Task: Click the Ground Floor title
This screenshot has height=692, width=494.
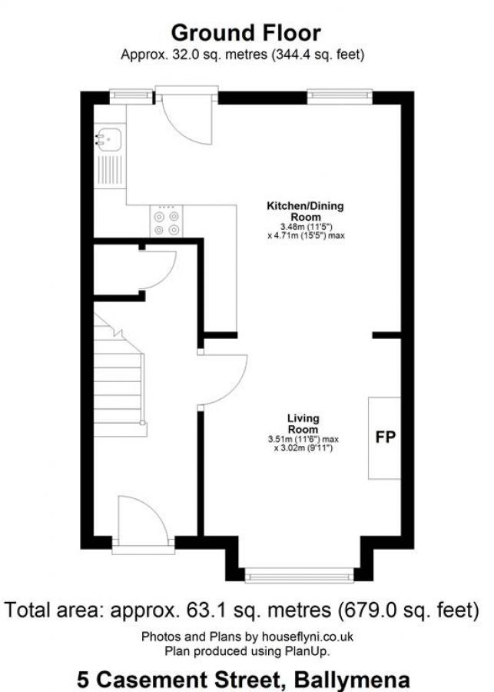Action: pyautogui.click(x=246, y=33)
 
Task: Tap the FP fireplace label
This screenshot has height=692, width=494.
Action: pyautogui.click(x=385, y=438)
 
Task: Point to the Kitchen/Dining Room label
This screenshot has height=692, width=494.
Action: pyautogui.click(x=305, y=211)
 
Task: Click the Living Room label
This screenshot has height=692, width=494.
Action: pyautogui.click(x=303, y=424)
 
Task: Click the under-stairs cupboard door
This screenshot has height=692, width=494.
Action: pyautogui.click(x=157, y=269)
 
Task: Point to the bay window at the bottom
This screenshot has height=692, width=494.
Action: pyautogui.click(x=299, y=574)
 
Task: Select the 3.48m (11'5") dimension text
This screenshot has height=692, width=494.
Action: pyautogui.click(x=305, y=227)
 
